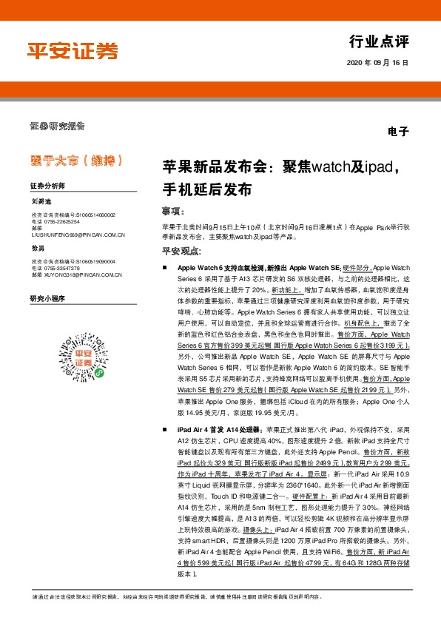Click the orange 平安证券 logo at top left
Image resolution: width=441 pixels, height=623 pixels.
tap(73, 50)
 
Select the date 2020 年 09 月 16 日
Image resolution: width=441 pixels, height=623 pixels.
tap(377, 63)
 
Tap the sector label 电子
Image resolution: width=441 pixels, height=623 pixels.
tap(398, 132)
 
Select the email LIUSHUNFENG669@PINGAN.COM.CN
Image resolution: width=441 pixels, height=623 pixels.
tap(78, 235)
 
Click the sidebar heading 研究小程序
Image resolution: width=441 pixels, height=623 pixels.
tap(48, 298)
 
